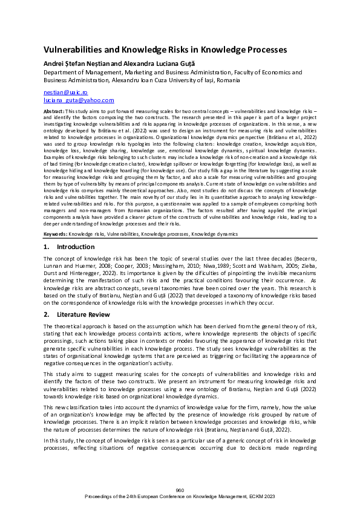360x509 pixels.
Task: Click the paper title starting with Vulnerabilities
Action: pyautogui.click(x=165, y=50)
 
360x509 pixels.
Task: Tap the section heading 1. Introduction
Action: pyautogui.click(x=69, y=247)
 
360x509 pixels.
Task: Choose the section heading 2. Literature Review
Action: pyautogui.click(x=77, y=314)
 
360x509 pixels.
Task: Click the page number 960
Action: pyautogui.click(x=180, y=490)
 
